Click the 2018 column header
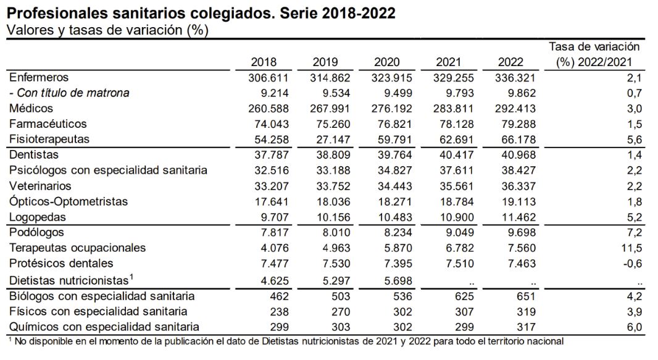tap(264, 62)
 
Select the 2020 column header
tap(387, 62)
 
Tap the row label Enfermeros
tap(39, 78)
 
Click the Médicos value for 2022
tap(515, 109)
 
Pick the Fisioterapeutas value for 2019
tap(331, 140)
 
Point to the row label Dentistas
tap(35, 155)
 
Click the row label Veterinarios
tap(40, 186)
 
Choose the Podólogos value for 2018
tap(269, 233)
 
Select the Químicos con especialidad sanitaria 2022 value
tap(523, 327)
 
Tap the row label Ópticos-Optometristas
tap(69, 202)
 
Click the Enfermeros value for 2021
tap(454, 78)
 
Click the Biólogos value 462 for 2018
tap(277, 296)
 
